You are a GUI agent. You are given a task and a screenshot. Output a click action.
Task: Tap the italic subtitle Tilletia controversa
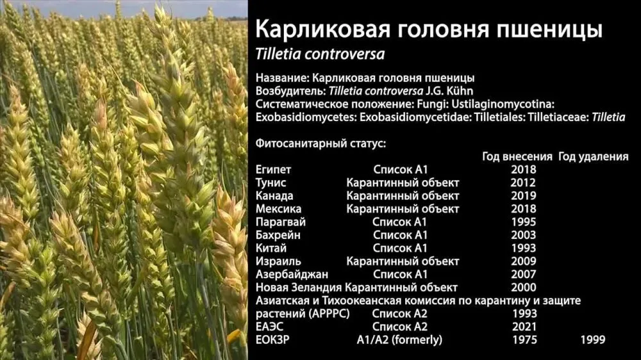[320, 54]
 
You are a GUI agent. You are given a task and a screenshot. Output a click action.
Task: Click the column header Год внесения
[517, 156]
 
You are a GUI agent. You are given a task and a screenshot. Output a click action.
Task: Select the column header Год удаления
[594, 156]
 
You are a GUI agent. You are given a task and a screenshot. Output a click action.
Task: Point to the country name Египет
[274, 170]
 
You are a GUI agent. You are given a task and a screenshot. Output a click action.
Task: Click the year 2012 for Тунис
[523, 183]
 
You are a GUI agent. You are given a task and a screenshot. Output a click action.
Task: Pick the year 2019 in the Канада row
[523, 196]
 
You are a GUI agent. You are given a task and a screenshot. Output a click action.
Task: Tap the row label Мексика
[278, 209]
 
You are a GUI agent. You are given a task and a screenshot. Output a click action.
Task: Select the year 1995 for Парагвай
[523, 222]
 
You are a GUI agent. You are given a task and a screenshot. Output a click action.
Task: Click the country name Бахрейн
[278, 235]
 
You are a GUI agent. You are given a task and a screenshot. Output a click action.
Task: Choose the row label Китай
[271, 248]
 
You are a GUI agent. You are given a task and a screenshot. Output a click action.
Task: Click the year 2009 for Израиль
[523, 261]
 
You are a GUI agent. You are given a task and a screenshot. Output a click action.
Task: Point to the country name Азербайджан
[292, 274]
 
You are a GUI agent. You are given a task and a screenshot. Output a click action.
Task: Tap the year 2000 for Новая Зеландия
[523, 287]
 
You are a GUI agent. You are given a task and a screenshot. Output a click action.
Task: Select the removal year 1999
[593, 340]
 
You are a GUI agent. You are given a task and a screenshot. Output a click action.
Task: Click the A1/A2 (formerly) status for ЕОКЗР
[399, 340]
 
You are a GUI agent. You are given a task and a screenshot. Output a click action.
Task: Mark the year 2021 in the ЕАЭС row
[524, 327]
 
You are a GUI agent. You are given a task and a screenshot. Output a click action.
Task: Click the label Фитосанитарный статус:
[321, 143]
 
